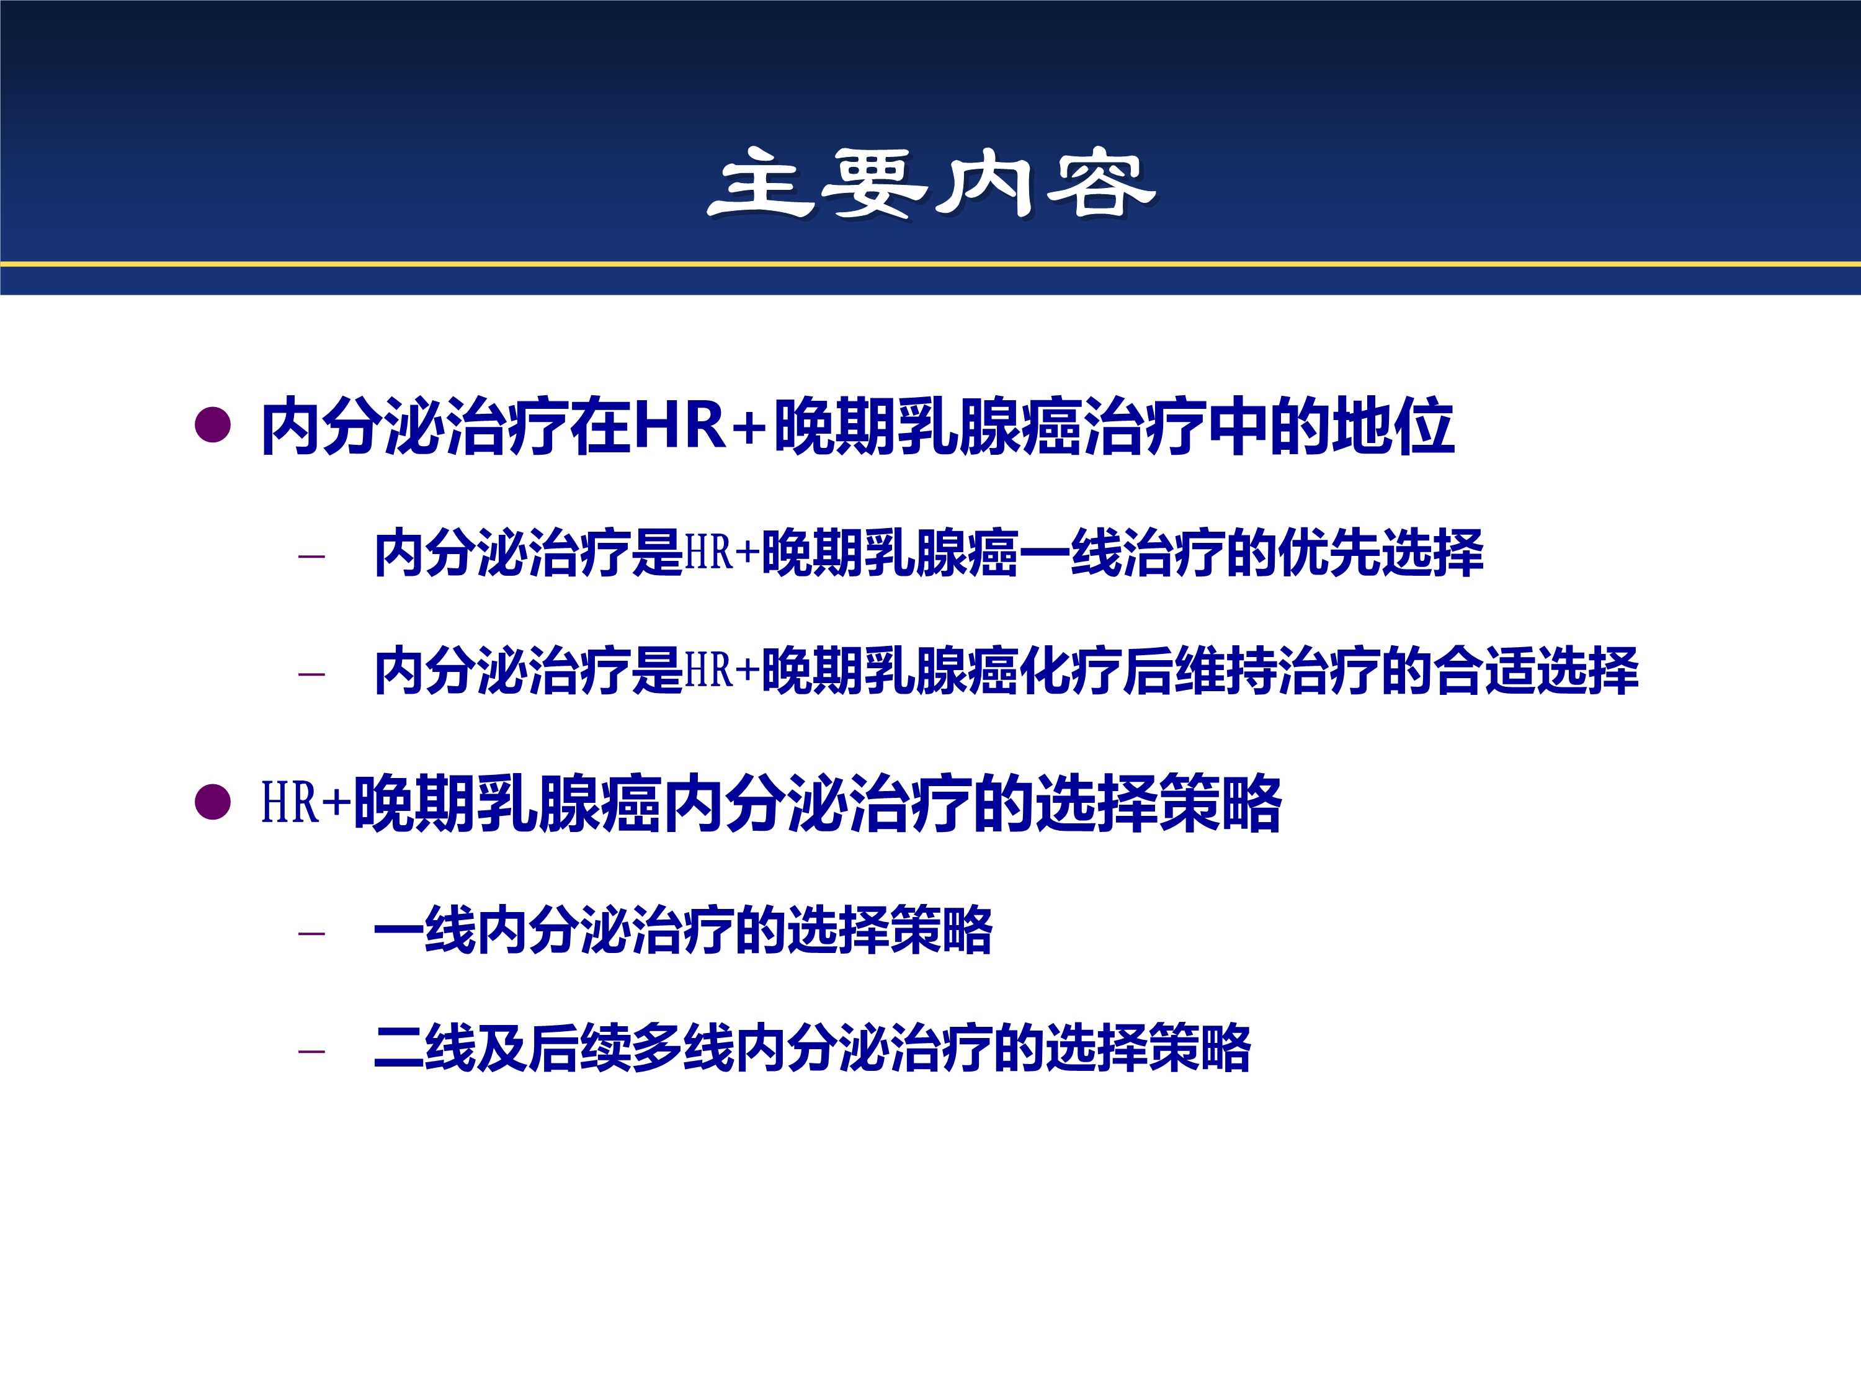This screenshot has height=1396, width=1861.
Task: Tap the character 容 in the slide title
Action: pos(1101,184)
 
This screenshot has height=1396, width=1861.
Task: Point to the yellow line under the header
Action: pos(930,264)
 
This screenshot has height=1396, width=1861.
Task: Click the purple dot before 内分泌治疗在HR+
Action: pos(212,425)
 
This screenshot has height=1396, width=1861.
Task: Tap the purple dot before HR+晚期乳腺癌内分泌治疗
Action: pos(212,802)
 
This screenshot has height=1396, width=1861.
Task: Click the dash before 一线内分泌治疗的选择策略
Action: pos(311,933)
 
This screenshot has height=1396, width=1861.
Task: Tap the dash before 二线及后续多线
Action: pos(311,1051)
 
